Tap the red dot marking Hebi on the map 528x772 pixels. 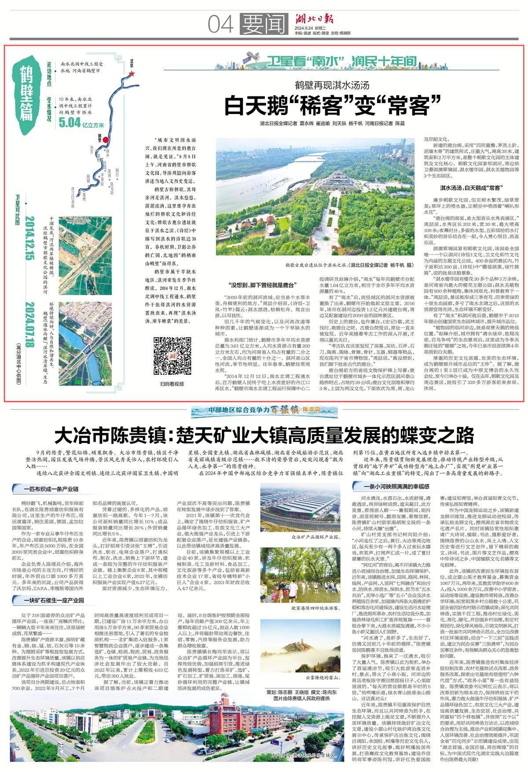point(105,140)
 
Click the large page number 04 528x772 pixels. point(221,24)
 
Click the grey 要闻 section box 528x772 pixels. point(263,24)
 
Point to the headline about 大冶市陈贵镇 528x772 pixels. point(264,435)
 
